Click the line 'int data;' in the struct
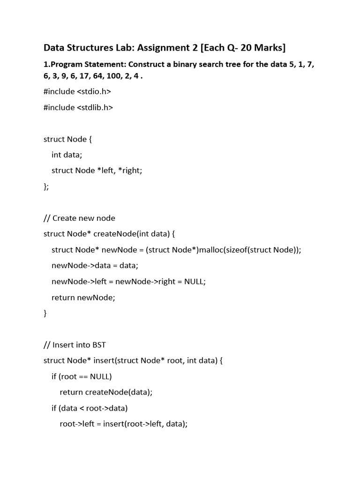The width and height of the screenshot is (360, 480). click(x=67, y=155)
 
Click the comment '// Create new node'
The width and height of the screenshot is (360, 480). click(x=79, y=218)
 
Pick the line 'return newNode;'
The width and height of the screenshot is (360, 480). click(x=83, y=297)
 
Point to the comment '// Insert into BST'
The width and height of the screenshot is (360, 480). click(x=75, y=345)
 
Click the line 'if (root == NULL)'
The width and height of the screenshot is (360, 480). click(x=82, y=376)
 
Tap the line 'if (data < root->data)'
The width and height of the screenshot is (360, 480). click(x=90, y=408)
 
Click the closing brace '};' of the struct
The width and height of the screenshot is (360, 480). click(x=46, y=187)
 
